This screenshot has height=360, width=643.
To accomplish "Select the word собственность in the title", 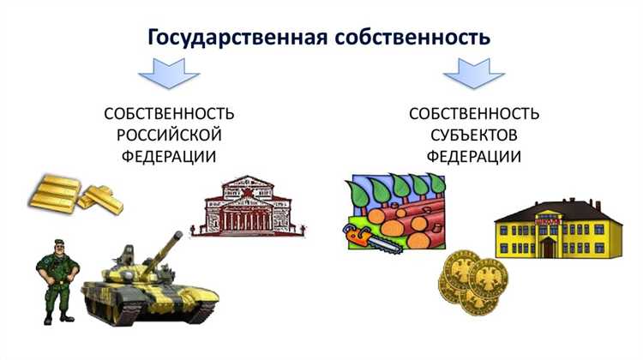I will (411, 39).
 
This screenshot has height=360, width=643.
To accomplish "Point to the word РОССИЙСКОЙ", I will (169, 135).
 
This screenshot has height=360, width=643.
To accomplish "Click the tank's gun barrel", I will (163, 243).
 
